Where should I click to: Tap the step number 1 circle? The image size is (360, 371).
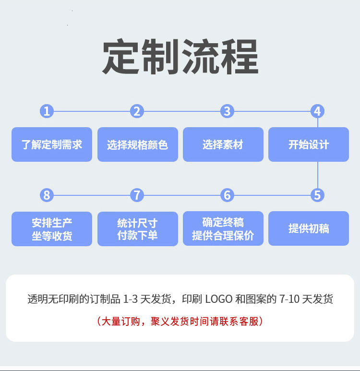pyautogui.click(x=47, y=111)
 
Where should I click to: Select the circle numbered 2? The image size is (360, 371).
pyautogui.click(x=137, y=111)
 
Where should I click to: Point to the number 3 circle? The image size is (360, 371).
pyautogui.click(x=227, y=111)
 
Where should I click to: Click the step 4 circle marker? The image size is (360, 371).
pyautogui.click(x=317, y=111)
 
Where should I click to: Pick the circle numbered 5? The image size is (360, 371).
pyautogui.click(x=317, y=195)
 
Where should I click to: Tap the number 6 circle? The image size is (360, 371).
pyautogui.click(x=227, y=195)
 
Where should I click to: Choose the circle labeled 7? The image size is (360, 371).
pyautogui.click(x=137, y=195)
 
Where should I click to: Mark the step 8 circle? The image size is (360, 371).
pyautogui.click(x=47, y=195)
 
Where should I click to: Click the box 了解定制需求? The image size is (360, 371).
pyautogui.click(x=52, y=144)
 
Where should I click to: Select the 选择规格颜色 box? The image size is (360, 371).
pyautogui.click(x=137, y=144)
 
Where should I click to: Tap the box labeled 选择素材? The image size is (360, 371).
pyautogui.click(x=223, y=144)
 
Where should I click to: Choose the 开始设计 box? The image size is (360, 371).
pyautogui.click(x=309, y=144)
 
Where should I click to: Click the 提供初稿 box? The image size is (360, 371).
pyautogui.click(x=309, y=228)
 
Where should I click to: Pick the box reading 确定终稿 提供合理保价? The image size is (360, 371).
pyautogui.click(x=223, y=228)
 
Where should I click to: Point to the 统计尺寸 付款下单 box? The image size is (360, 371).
pyautogui.click(x=137, y=229)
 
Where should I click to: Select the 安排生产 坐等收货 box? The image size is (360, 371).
pyautogui.click(x=52, y=229)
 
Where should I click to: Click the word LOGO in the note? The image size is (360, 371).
pyautogui.click(x=219, y=299)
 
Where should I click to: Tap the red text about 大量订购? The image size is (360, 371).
pyautogui.click(x=180, y=321)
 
